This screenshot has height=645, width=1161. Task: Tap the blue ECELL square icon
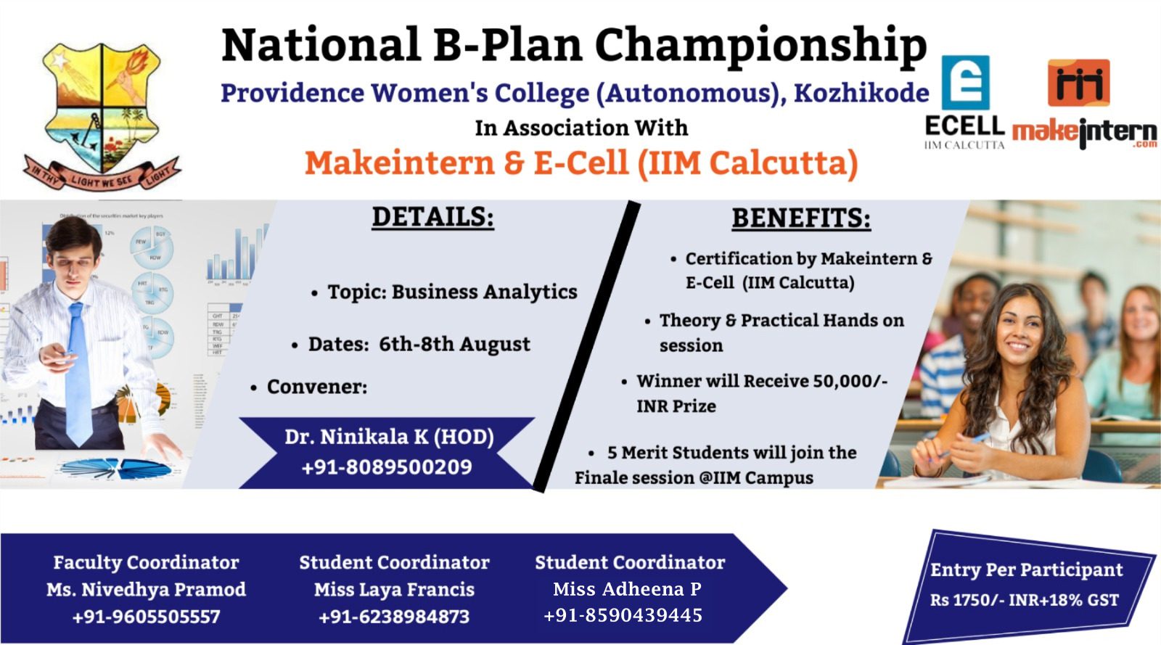tap(965, 83)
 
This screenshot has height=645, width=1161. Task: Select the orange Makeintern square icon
tap(1078, 83)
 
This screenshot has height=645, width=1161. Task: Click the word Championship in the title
tap(761, 46)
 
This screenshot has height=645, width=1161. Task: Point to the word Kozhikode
tap(861, 94)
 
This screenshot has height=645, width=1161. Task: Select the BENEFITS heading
tap(801, 218)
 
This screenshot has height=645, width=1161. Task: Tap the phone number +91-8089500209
tap(387, 467)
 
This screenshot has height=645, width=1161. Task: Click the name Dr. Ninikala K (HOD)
tap(389, 437)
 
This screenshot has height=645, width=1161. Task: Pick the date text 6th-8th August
tap(454, 344)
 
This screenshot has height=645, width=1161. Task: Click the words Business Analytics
tap(484, 292)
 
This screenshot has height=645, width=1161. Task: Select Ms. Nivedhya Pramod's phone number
tap(146, 617)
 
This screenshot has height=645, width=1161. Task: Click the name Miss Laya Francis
tap(394, 589)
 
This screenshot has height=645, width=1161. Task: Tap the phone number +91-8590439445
tap(623, 615)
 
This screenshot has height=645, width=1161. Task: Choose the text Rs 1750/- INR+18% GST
tap(1024, 599)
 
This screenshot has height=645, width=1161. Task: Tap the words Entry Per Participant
tap(1026, 570)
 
